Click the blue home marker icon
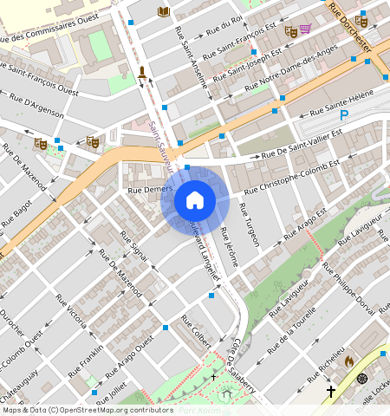click(195, 200)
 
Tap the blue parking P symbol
click(344, 115)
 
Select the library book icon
click(163, 11)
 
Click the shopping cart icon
click(304, 29)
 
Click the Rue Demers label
click(146, 188)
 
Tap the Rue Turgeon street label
click(249, 224)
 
